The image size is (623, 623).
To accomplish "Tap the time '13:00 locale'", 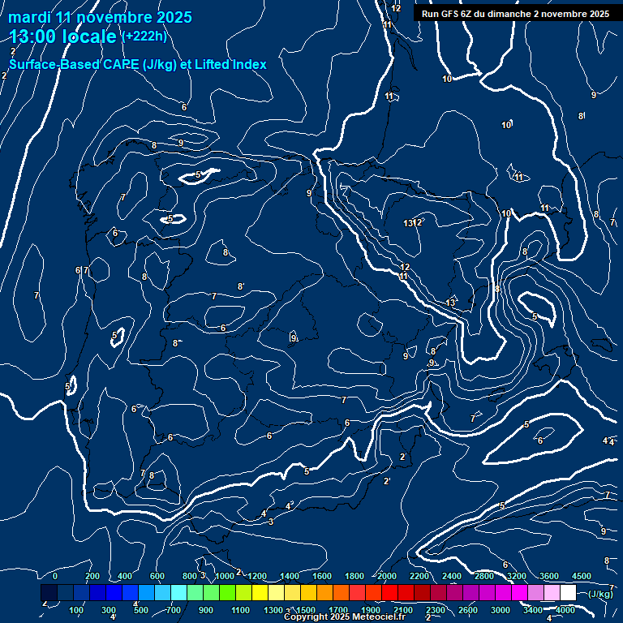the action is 63,37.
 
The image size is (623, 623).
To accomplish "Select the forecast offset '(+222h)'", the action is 144,37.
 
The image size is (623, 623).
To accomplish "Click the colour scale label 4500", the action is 582,576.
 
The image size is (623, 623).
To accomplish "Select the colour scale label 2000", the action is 387,576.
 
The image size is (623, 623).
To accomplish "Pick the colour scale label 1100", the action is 240,610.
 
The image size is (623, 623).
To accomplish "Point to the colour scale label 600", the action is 157,576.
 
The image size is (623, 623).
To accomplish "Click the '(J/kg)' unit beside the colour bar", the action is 600,594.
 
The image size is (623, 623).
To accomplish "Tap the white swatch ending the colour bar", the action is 568,593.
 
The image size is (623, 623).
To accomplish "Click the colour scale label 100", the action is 76,610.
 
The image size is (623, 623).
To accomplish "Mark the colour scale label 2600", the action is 468,610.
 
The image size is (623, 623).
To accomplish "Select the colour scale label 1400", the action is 290,576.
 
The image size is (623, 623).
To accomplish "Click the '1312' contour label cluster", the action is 413,222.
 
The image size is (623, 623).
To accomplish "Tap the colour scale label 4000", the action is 565,610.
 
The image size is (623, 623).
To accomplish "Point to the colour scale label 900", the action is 206,610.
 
